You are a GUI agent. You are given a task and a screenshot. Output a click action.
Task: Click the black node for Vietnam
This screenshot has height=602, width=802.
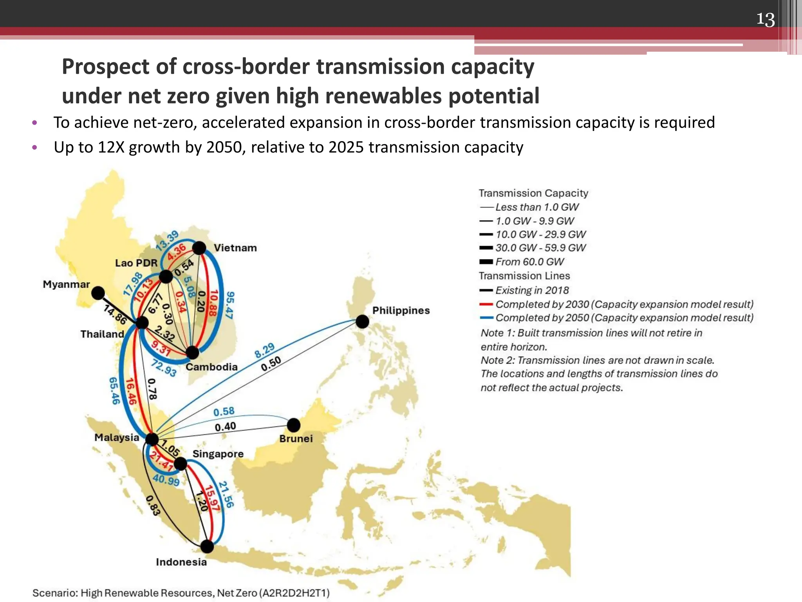tap(199, 248)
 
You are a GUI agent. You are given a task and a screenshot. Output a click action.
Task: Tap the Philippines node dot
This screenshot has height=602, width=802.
tap(362, 322)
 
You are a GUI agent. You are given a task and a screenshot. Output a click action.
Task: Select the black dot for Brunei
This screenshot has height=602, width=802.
tap(294, 425)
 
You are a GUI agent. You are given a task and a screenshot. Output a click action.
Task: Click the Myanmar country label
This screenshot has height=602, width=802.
tap(66, 284)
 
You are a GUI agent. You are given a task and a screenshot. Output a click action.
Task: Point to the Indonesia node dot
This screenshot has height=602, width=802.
tap(207, 546)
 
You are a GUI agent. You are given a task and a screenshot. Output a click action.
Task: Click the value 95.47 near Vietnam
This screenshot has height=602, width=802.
tap(230, 305)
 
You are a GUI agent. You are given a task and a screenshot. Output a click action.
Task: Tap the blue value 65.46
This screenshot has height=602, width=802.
tap(114, 391)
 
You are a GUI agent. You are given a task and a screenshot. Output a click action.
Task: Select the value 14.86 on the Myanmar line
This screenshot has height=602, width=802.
tap(115, 315)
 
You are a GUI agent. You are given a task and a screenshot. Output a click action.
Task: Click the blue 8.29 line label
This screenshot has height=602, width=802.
tap(265, 351)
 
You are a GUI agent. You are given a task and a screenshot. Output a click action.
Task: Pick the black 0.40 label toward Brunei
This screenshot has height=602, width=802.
tap(225, 426)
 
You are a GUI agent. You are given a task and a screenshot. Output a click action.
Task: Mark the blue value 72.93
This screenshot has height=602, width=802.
tap(164, 368)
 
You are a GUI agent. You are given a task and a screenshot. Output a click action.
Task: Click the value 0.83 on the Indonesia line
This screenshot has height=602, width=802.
tap(153, 506)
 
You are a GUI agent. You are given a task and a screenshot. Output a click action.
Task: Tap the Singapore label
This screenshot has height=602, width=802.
tap(218, 454)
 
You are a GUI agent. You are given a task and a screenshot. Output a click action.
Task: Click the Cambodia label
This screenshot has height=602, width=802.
tap(211, 367)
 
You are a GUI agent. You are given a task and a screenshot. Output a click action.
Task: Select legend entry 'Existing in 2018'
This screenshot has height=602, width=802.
tap(532, 290)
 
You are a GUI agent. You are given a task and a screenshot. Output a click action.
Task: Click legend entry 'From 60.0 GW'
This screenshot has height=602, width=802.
tap(529, 262)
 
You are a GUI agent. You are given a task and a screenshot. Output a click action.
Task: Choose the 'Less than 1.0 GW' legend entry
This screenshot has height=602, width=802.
tap(536, 207)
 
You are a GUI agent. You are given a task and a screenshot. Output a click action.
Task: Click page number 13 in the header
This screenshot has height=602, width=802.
tap(765, 20)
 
